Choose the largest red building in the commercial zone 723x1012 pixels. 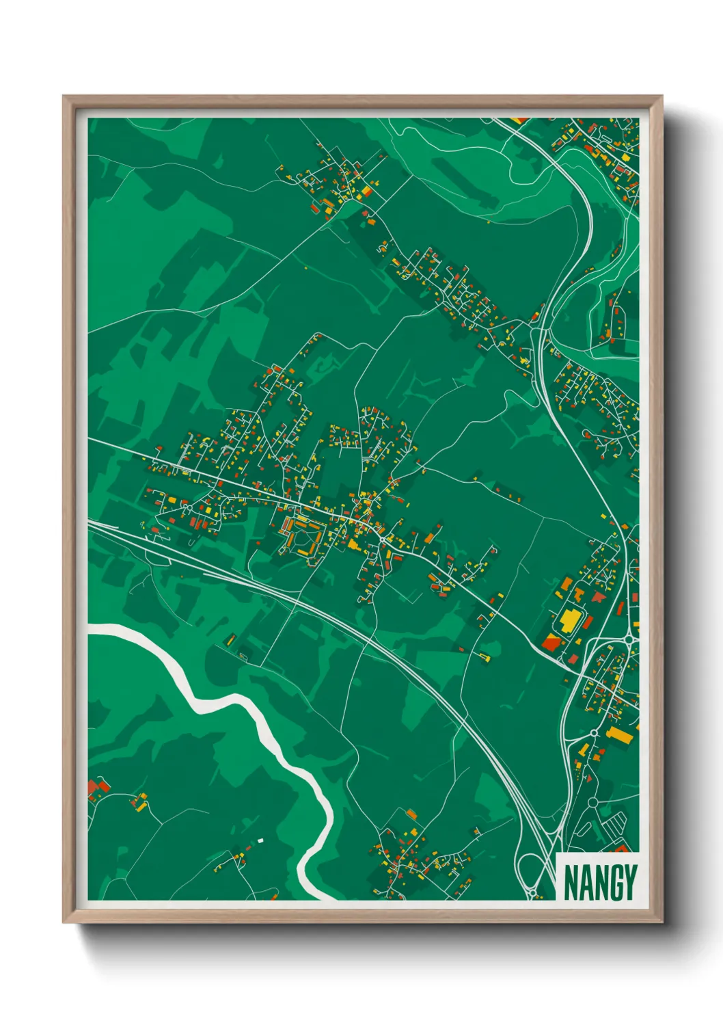551,642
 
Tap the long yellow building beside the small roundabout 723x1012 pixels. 620,735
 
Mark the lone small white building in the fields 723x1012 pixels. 260,839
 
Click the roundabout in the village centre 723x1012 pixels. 381,539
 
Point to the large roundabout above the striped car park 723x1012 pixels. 592,802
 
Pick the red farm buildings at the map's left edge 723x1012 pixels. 95,790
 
